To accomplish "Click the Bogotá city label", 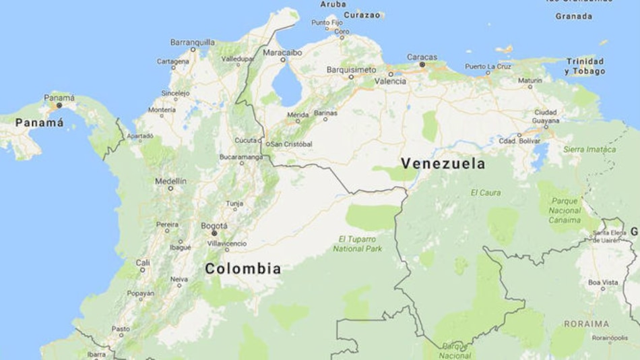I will (x=214, y=226).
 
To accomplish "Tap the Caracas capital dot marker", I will (x=422, y=65).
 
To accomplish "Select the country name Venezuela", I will (x=443, y=164).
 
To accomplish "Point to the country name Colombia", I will (x=243, y=268).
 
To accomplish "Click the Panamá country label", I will (x=39, y=123).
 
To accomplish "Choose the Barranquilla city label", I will (x=193, y=42).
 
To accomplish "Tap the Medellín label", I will (x=170, y=181).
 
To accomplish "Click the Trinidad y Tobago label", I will (x=584, y=66).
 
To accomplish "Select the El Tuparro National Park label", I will (x=357, y=243).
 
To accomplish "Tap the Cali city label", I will (x=143, y=262).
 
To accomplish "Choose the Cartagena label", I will (x=173, y=61).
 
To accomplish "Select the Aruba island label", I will (x=333, y=4).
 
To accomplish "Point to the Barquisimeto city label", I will (x=351, y=69).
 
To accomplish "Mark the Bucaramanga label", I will (x=241, y=157).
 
